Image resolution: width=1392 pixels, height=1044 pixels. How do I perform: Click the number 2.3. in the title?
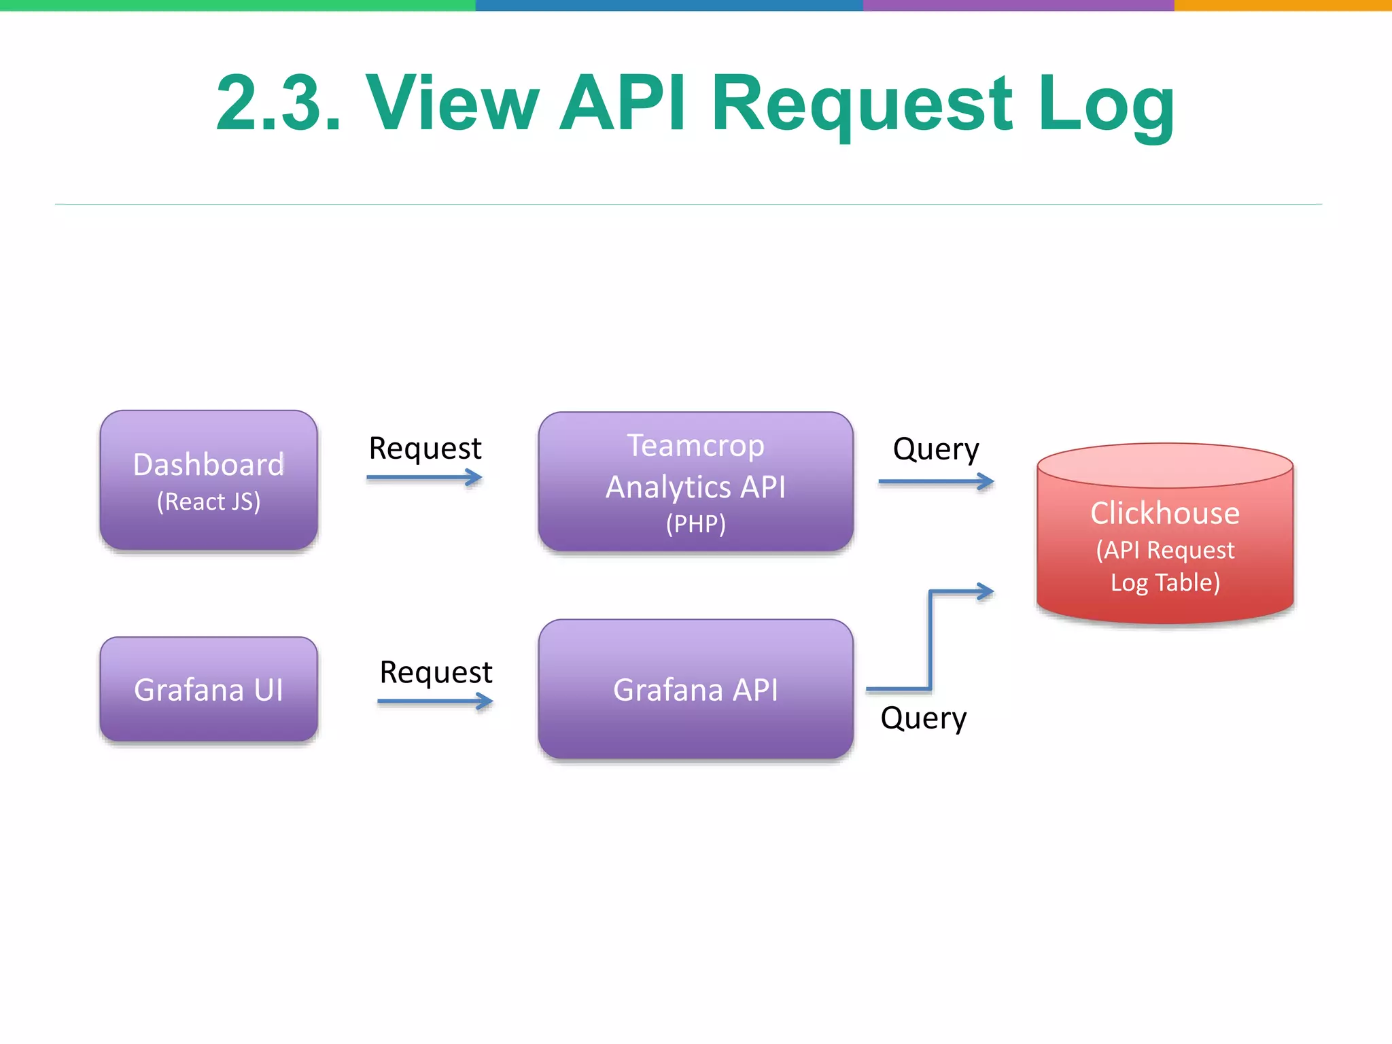(278, 103)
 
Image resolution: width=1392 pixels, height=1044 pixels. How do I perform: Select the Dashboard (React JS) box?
(209, 480)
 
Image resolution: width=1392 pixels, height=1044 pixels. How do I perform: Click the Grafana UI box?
(209, 689)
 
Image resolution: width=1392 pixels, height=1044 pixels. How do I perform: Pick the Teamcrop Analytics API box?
(695, 481)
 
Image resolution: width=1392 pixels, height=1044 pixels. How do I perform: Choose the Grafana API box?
(695, 689)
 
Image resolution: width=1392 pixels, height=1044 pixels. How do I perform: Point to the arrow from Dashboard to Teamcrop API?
(425, 478)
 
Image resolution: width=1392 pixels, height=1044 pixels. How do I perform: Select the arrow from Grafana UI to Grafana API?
(435, 701)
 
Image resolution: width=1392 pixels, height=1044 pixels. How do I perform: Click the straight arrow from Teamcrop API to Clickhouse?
(936, 482)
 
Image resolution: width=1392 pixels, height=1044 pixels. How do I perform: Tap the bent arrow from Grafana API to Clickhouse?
(930, 639)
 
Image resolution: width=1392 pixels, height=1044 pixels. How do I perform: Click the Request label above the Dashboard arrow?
(425, 449)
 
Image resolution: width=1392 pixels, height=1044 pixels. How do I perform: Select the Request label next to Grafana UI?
(436, 672)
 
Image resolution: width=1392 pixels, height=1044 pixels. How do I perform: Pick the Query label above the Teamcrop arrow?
(936, 449)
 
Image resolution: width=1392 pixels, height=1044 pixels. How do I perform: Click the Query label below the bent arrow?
(923, 718)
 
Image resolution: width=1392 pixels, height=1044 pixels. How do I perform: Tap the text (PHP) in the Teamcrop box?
(695, 523)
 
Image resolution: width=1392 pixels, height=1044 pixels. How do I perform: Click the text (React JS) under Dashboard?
(209, 502)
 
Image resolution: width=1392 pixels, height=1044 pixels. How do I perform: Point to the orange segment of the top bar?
(1283, 5)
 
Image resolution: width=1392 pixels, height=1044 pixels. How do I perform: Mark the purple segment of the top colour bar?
(1018, 5)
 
